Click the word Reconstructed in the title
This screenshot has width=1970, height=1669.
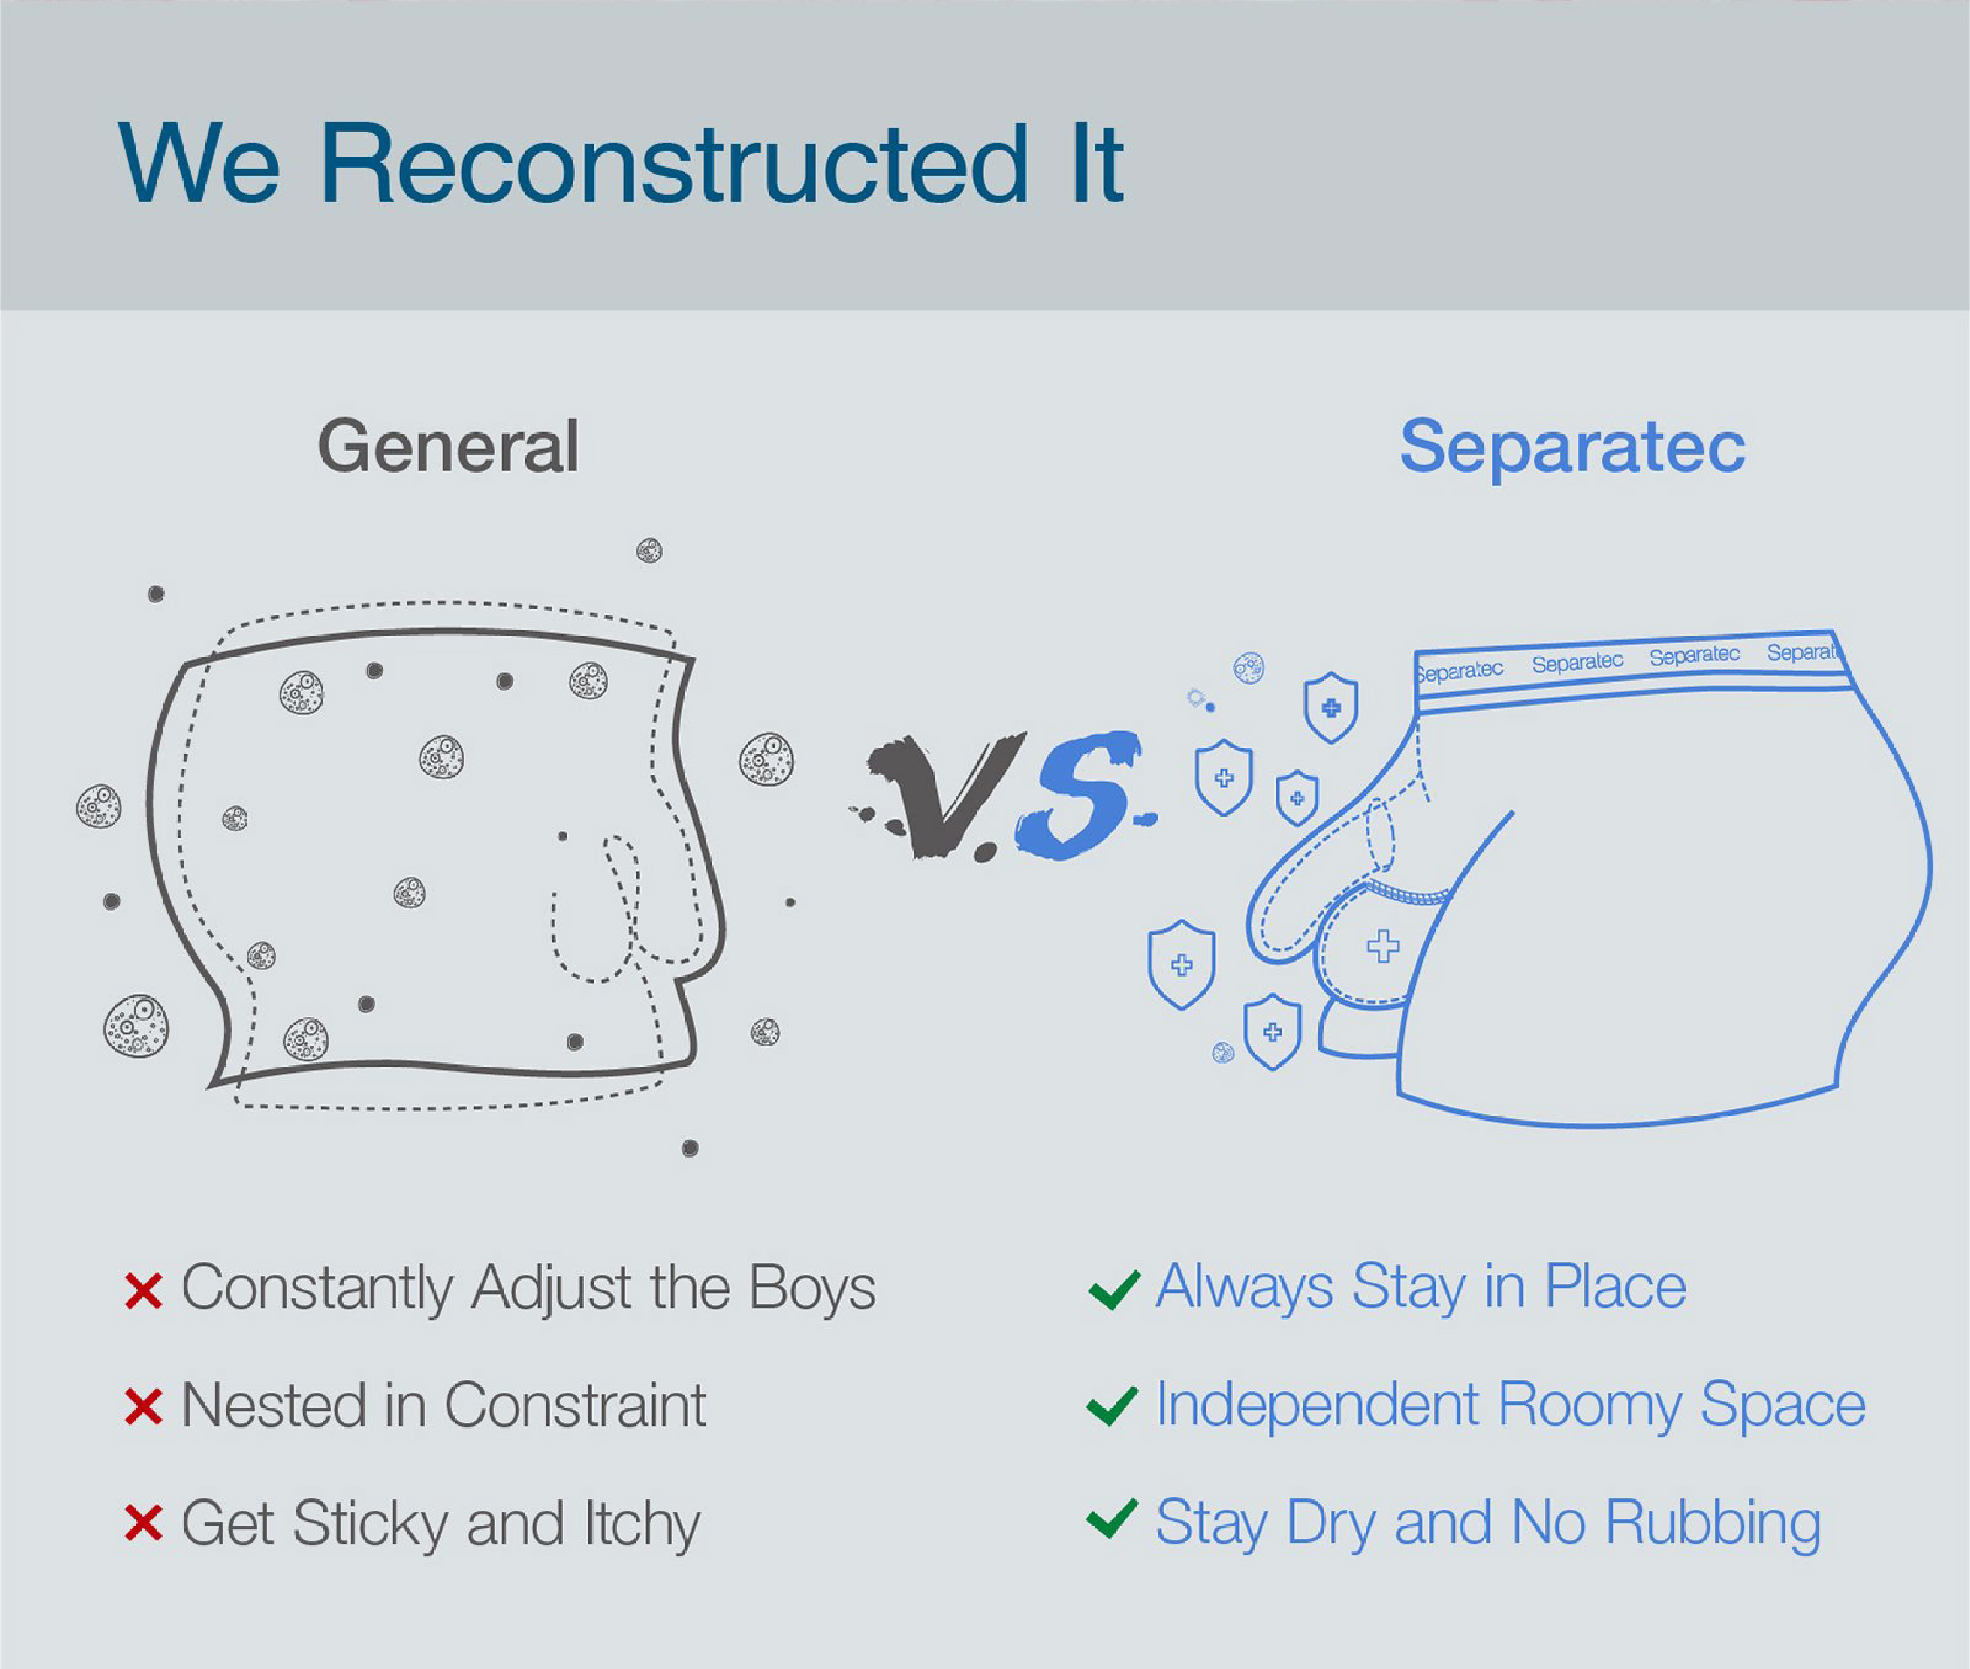coord(674,163)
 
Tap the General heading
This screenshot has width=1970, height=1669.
coord(448,446)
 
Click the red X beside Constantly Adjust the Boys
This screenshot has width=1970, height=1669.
coord(144,1291)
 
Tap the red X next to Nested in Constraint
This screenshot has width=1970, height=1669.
coord(144,1407)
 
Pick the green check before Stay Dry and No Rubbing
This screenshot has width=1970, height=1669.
coord(1113,1520)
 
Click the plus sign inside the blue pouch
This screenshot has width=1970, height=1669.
coord(1382,946)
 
